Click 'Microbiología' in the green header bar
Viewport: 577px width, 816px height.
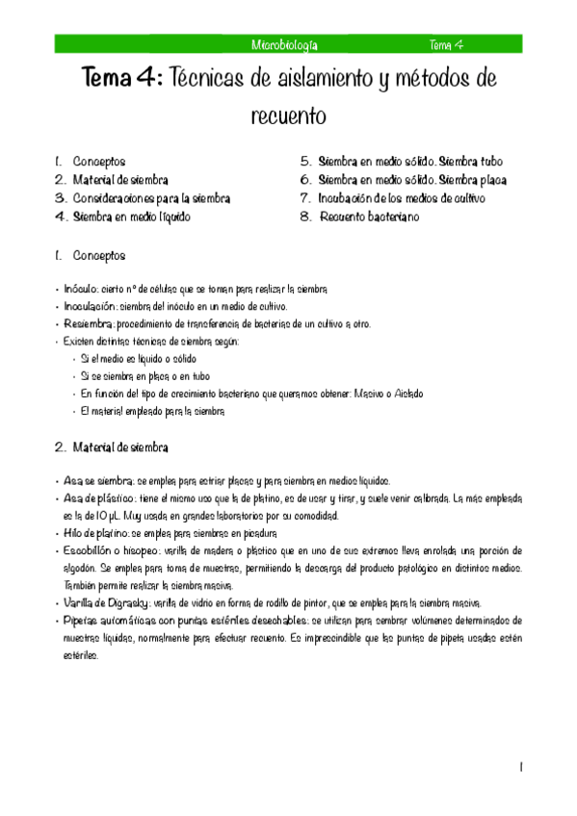[284, 44]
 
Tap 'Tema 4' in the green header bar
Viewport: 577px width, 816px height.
[447, 44]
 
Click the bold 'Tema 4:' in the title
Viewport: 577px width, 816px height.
[123, 77]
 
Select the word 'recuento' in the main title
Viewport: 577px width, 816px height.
[288, 116]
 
